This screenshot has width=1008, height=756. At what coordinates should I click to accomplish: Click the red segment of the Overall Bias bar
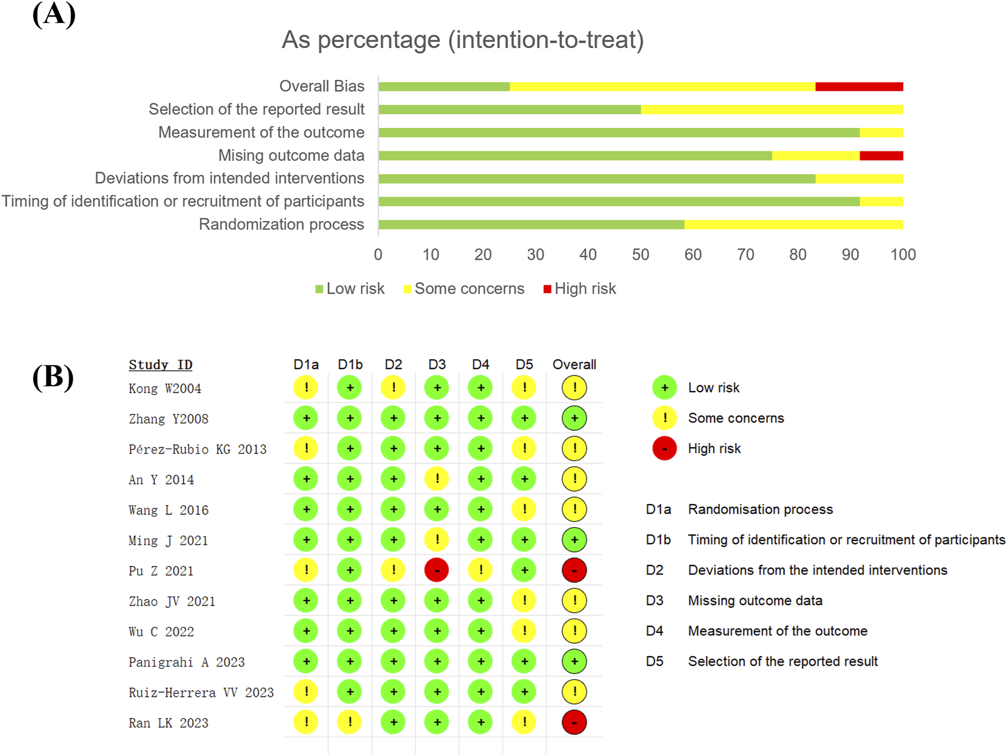point(859,87)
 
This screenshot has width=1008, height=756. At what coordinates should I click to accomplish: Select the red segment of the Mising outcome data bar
point(881,156)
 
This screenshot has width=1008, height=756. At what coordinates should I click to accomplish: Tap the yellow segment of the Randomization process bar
point(793,225)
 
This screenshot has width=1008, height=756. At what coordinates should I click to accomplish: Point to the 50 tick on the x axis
point(640,255)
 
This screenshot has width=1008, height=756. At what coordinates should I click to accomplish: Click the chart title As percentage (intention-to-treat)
point(462,40)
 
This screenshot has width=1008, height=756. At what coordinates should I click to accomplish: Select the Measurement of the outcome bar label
point(261,133)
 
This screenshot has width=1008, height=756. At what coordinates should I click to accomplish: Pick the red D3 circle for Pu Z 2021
point(437,570)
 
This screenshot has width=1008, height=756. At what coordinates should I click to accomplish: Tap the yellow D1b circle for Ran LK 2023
point(350,722)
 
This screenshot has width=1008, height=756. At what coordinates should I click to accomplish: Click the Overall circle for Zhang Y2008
point(574,418)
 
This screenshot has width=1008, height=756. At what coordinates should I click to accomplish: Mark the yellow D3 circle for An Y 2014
point(437,479)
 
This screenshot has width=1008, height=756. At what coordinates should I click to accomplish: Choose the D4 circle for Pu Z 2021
point(481,570)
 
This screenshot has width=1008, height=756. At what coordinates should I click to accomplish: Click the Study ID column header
point(160,364)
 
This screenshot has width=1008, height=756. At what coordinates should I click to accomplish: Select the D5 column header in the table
point(524,364)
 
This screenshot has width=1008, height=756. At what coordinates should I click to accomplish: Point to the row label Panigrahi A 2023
point(186,662)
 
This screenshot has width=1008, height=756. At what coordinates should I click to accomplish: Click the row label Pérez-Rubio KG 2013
point(197,449)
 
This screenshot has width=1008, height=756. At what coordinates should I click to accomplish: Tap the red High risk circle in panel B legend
point(665,448)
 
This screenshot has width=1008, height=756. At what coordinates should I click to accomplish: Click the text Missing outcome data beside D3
point(755,600)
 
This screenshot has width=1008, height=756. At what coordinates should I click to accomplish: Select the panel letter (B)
point(53,377)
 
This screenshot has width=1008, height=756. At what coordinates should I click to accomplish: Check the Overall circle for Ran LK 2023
point(574,722)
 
